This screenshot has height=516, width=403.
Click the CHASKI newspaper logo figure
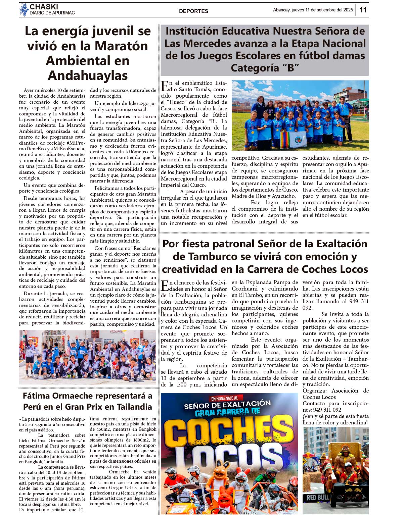tap(24, 9)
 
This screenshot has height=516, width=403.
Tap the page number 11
tap(363, 10)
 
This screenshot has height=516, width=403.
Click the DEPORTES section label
tap(193, 11)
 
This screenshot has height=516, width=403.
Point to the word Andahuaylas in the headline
tap(88, 75)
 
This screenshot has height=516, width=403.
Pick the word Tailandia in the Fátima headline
tap(134, 407)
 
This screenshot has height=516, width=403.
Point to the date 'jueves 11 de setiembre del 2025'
tap(322, 10)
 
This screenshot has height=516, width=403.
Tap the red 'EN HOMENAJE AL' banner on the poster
tap(225, 398)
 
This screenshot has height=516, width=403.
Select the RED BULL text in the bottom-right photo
tap(318, 498)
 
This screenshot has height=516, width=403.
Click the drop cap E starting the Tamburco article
tap(165, 286)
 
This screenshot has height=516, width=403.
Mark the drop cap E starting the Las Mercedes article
tap(165, 86)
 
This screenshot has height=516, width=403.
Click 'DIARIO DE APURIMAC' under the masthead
tap(52, 13)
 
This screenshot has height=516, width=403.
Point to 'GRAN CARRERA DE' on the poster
tap(228, 412)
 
